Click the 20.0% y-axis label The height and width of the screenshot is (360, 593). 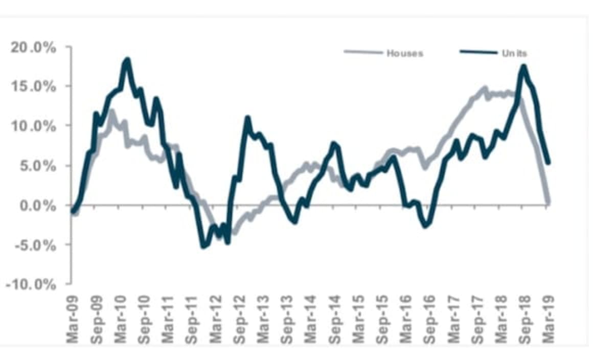click(x=32, y=48)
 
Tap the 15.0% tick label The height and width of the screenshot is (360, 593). click(x=32, y=86)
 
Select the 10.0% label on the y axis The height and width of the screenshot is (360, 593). click(x=32, y=126)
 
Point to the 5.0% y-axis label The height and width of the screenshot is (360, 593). click(x=35, y=166)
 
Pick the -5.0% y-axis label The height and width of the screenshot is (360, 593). click(x=32, y=245)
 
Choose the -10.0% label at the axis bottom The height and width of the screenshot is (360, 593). click(x=30, y=285)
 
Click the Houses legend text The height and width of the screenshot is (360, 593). click(x=405, y=53)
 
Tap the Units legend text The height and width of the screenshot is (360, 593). click(x=514, y=53)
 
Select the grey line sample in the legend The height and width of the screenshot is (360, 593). click(x=363, y=52)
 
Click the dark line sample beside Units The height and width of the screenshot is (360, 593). click(x=478, y=52)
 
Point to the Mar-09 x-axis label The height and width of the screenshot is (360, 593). click(x=73, y=317)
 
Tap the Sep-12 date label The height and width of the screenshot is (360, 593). click(x=239, y=317)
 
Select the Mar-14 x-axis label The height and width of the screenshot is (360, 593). click(x=310, y=317)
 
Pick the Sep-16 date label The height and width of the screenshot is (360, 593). click(x=429, y=317)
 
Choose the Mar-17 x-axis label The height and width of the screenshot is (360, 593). click(x=453, y=317)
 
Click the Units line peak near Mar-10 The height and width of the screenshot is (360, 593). click(x=127, y=60)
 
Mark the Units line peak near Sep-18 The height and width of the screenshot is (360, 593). click(x=523, y=66)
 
